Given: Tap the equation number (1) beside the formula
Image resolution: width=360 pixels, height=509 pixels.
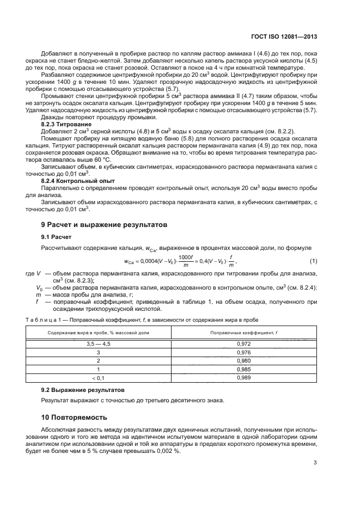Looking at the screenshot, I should coord(313,261).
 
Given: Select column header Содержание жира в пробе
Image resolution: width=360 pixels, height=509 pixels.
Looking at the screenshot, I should coord(98,332).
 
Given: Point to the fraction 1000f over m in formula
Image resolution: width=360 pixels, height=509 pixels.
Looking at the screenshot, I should coord(186,261).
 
